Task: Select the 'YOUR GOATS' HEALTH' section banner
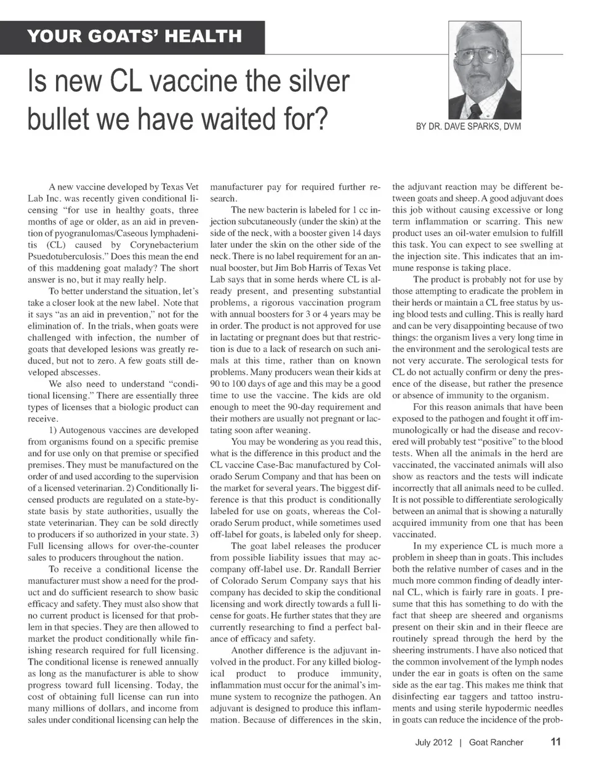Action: [134, 36]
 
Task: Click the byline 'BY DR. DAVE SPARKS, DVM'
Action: [468, 126]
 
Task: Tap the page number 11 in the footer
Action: [555, 742]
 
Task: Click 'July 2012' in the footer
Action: [434, 742]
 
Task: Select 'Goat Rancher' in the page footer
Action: [496, 742]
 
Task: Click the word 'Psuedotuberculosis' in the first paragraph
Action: [66, 256]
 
